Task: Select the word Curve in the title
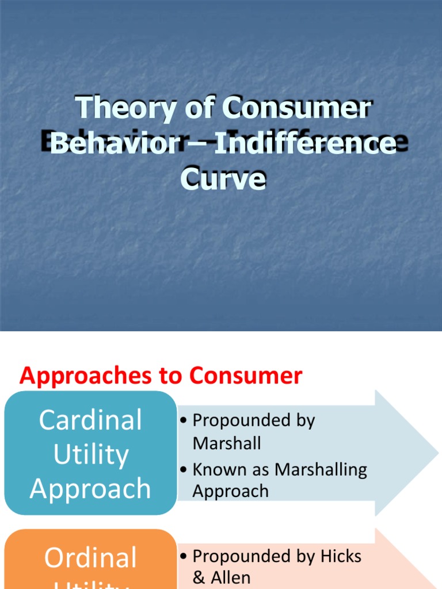click(223, 178)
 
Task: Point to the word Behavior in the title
click(115, 143)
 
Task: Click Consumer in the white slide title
click(298, 108)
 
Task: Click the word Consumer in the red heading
click(246, 376)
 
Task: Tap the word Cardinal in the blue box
click(90, 420)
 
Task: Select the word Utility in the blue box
click(90, 454)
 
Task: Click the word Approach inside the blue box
click(90, 489)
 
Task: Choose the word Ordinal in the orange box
click(90, 558)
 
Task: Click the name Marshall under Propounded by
click(226, 443)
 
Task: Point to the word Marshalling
click(321, 469)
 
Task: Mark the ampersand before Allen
click(199, 577)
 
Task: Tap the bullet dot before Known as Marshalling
click(183, 470)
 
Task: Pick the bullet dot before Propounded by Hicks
click(183, 557)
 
